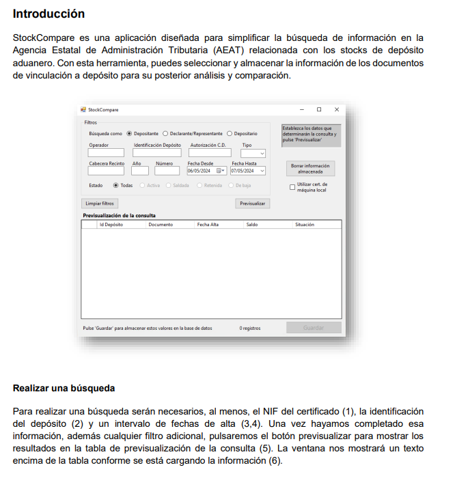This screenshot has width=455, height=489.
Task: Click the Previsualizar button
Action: pos(252,204)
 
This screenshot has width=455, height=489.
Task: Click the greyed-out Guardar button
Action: pos(314,328)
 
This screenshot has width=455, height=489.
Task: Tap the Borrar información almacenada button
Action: pos(310,169)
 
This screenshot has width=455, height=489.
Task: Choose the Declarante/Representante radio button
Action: pos(165,134)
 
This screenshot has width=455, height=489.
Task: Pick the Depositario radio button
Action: pos(230,134)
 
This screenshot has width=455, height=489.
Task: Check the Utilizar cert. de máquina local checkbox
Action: pos(292,186)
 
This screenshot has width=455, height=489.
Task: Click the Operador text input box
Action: pos(105,154)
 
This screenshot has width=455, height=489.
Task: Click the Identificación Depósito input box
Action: pos(157,154)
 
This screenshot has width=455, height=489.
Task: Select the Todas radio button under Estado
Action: pos(115,185)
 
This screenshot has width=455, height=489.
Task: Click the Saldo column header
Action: pos(251,224)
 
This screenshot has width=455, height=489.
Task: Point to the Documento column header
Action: pos(161,224)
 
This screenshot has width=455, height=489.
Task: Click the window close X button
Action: pos(336,109)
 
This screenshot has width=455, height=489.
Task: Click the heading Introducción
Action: pos(49,14)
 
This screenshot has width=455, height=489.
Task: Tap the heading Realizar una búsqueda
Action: pos(64,389)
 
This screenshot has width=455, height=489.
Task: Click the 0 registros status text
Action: pos(249,328)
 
